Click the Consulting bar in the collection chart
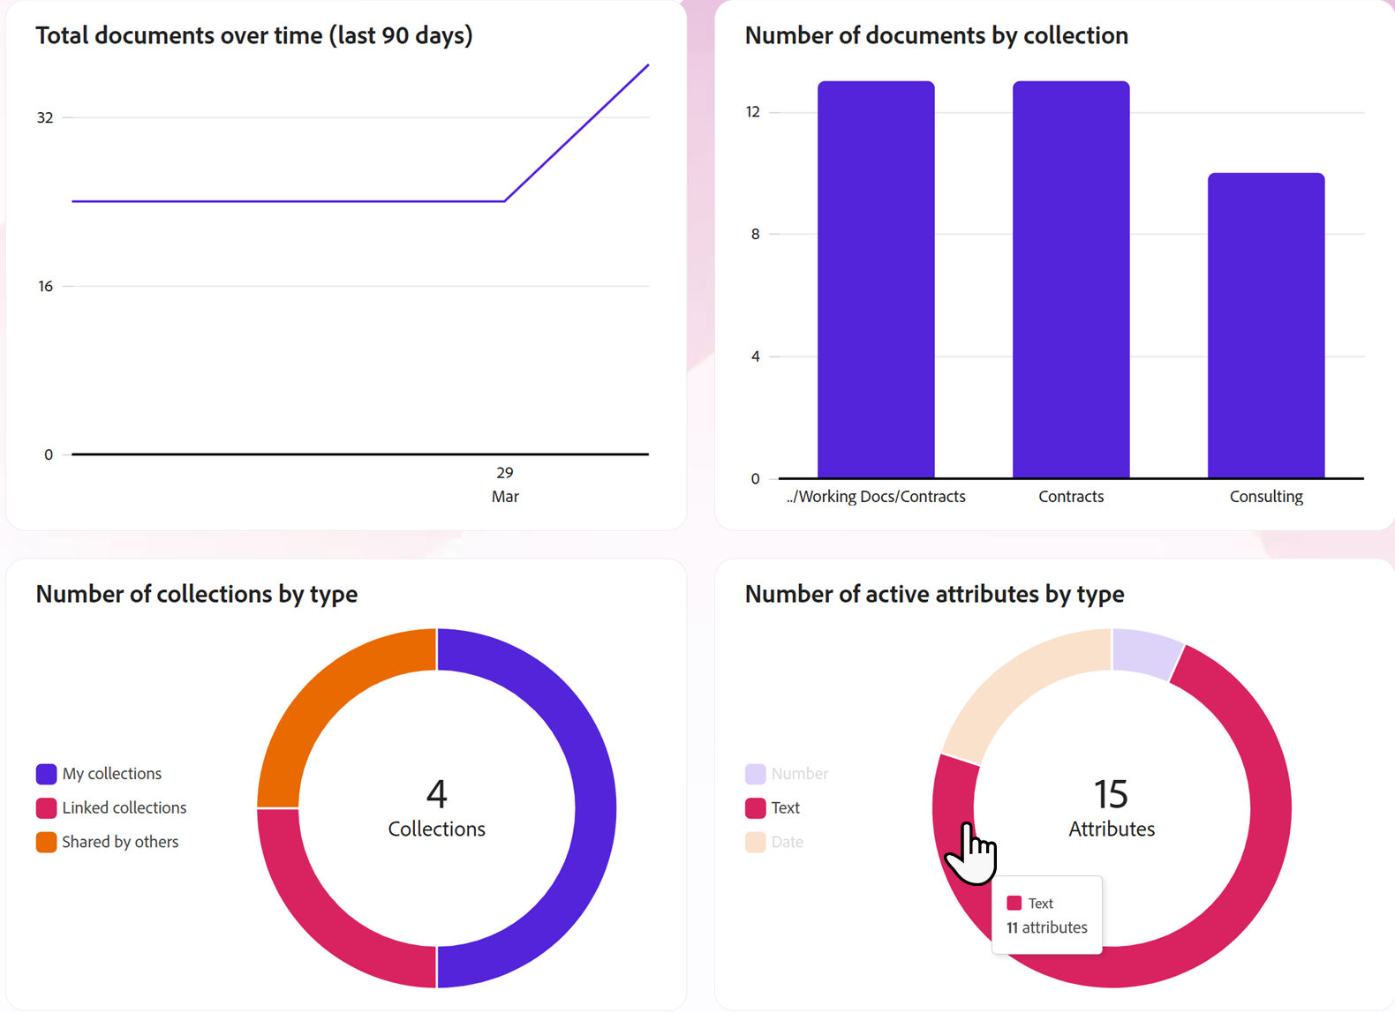[1266, 326]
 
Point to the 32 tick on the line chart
[45, 117]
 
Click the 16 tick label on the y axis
[45, 286]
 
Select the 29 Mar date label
[505, 484]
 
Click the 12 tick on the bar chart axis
[752, 112]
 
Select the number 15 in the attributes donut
[1111, 794]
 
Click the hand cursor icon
[971, 854]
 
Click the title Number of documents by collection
[936, 35]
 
